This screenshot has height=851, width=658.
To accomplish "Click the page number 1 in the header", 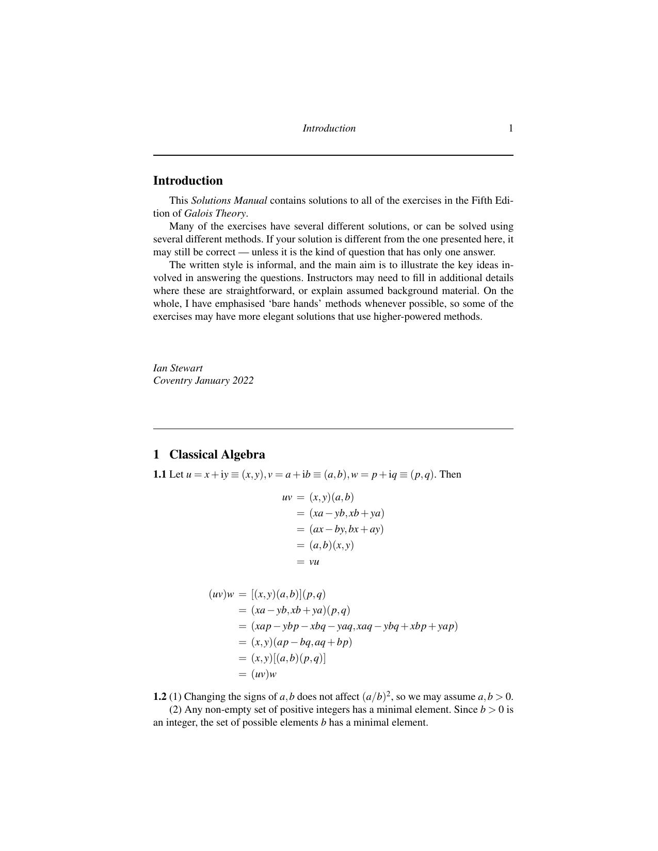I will coord(510,128).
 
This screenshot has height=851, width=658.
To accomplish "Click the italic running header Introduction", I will coord(329,128).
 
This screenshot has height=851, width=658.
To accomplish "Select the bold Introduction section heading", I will coord(188,181).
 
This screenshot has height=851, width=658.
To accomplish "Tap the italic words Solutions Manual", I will coord(229,200).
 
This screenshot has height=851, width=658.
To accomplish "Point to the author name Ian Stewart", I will coord(178,368).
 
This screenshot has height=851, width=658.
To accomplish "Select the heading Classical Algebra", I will coord(217,454).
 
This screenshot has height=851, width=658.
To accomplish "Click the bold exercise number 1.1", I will coord(159,474).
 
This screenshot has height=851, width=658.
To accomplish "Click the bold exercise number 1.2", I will coord(159,697).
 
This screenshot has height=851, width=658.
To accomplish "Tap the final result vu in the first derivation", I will coord(314,562).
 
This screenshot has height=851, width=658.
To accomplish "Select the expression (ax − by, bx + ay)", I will coord(346,529).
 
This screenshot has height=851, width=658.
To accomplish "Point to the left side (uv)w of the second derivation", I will coord(221,594).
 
